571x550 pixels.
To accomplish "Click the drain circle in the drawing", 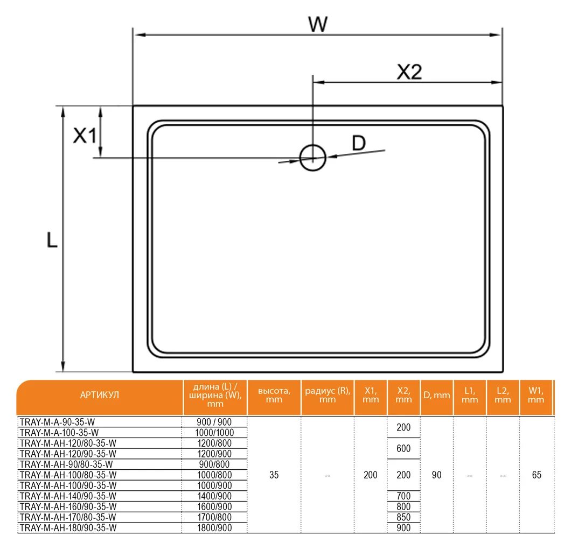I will pos(312,158).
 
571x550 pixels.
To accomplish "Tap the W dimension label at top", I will pos(318,24).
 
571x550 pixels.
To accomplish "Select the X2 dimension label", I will pos(409,72).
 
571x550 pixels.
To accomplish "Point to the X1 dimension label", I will pos(85,136).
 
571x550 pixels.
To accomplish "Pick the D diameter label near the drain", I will pos(359,143).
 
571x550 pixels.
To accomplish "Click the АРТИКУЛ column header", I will pos(100,395).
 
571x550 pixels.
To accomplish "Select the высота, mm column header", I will pos(274,395).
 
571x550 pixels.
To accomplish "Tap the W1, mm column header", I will pos(535,395).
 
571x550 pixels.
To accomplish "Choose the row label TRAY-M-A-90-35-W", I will pos(58,422).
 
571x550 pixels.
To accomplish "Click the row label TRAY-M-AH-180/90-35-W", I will pos(67,528).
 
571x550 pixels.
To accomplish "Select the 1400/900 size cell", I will pos(214,496).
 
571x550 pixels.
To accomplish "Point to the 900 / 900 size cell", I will pos(214,422).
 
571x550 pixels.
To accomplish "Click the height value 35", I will pos(274,475).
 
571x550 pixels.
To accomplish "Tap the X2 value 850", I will pos(403,517).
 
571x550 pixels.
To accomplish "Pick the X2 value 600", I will pos(403,448).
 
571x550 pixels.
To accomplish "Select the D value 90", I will pos(436,475).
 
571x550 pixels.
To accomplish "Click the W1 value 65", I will pos(536,475).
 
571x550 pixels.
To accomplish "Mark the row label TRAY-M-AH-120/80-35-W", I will pos(67,443).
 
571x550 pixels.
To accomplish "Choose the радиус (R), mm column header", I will pos(328,395).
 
